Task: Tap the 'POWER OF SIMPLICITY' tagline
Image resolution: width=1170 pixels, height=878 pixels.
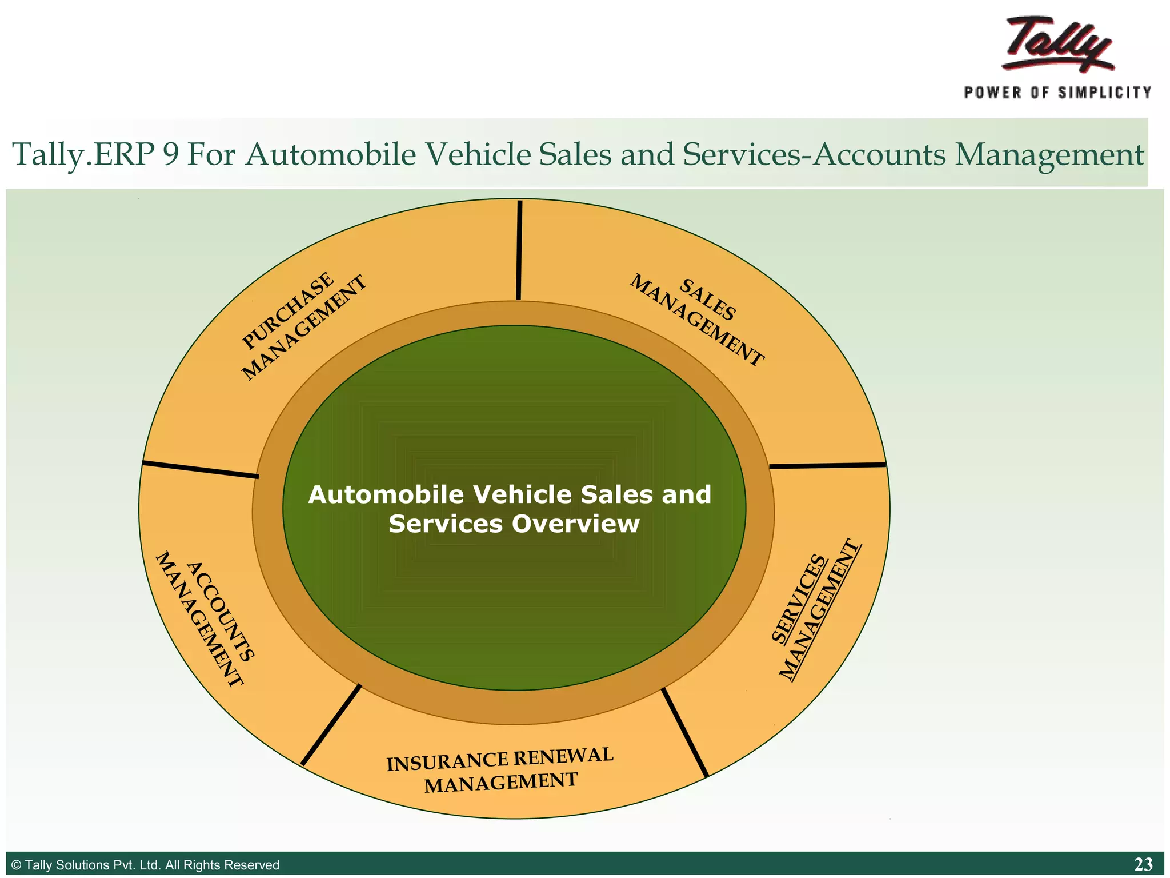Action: click(x=1057, y=93)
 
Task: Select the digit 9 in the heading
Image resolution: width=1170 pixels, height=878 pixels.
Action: click(x=170, y=155)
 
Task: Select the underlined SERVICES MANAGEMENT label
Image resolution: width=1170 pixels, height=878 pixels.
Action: click(x=815, y=609)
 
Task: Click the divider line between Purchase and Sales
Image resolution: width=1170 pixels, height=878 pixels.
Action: click(x=519, y=250)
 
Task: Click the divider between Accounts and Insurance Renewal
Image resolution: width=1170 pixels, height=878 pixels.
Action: click(x=331, y=724)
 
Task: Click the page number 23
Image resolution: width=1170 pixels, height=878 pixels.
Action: click(x=1143, y=864)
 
